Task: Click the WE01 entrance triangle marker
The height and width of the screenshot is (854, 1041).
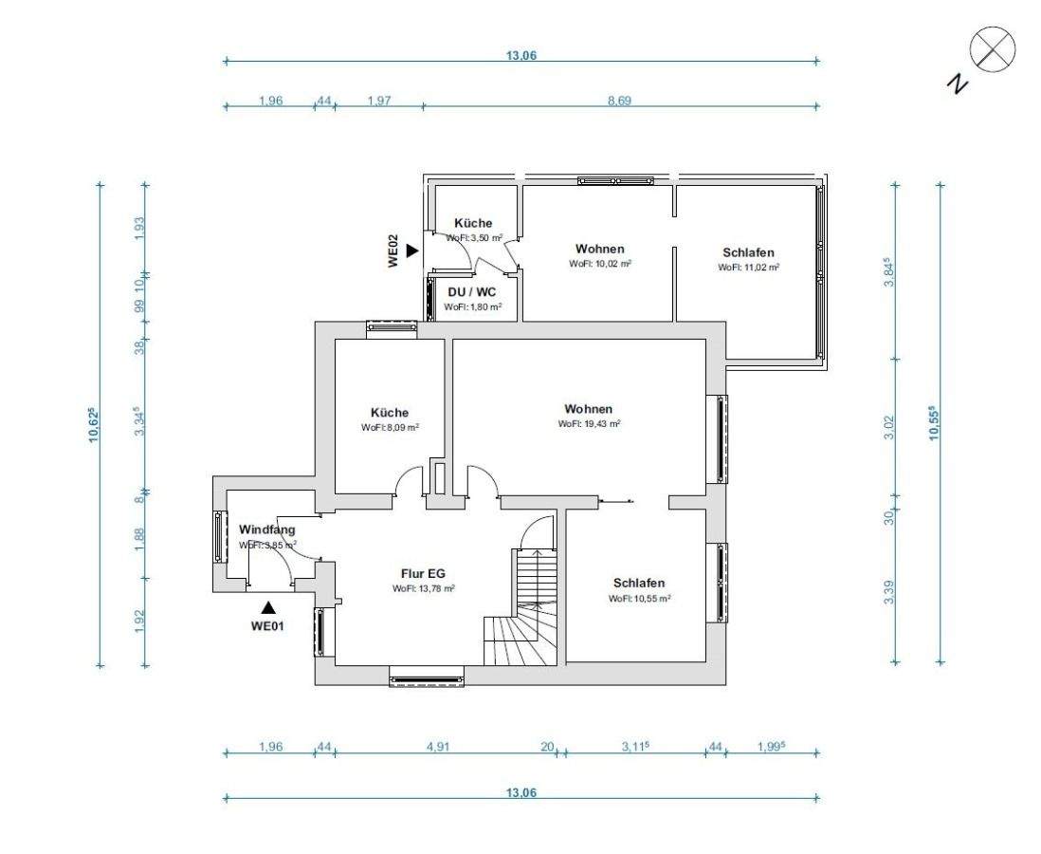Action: (268, 607)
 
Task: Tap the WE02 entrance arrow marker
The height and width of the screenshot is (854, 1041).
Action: (413, 251)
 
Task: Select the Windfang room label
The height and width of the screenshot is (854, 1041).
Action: (267, 530)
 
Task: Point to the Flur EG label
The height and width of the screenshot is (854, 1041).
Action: (423, 573)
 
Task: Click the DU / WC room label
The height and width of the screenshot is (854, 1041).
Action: (472, 291)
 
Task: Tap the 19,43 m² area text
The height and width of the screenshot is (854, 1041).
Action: (589, 423)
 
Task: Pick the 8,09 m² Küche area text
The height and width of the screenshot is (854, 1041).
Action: (390, 427)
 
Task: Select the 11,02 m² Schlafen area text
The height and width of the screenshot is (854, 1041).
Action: (748, 268)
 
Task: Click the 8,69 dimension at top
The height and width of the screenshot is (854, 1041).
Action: (619, 101)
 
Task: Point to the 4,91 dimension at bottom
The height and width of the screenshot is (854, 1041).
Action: (438, 747)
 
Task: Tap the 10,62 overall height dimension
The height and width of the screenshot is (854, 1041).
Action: (93, 424)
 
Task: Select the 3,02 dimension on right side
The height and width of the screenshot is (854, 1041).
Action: (890, 427)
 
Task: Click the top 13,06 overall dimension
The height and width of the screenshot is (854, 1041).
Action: (521, 55)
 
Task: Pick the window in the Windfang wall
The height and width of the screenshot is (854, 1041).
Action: (219, 536)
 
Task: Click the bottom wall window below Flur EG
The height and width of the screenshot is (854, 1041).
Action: (427, 678)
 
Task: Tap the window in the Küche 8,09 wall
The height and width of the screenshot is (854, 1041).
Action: (392, 325)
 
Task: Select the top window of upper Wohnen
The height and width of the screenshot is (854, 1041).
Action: (615, 180)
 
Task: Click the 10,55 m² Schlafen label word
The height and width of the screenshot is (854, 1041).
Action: (639, 583)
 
